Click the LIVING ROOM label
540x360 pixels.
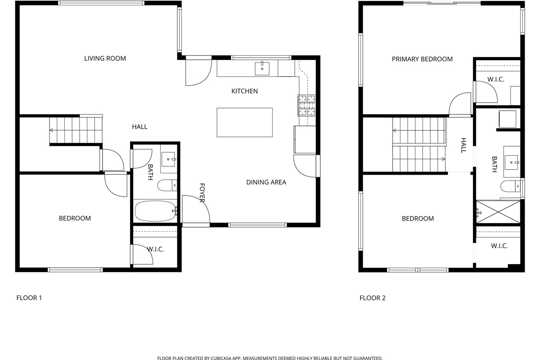pyautogui.click(x=105, y=58)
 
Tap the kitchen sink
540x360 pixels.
pyautogui.click(x=262, y=68)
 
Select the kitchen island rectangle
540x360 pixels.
pyautogui.click(x=244, y=122)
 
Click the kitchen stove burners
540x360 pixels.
pyautogui.click(x=306, y=105)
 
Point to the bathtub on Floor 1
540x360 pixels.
pyautogui.click(x=155, y=211)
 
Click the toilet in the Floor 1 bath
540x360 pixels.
pyautogui.click(x=167, y=185)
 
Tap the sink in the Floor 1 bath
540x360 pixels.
pyautogui.click(x=168, y=159)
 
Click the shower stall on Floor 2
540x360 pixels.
pyautogui.click(x=498, y=212)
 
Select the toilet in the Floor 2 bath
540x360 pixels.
pyautogui.click(x=510, y=186)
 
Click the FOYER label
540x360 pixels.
pyautogui.click(x=202, y=193)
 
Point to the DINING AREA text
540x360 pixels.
pyautogui.click(x=266, y=182)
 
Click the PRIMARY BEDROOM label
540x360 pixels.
pyautogui.click(x=422, y=59)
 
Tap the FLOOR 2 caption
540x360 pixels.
pyautogui.click(x=373, y=298)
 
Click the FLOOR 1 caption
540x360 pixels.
pyautogui.click(x=29, y=298)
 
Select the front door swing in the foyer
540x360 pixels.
pyautogui.click(x=196, y=209)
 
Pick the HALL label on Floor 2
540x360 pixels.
pyautogui.click(x=463, y=145)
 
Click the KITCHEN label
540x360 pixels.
pyautogui.click(x=244, y=91)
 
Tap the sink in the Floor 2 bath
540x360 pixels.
pyautogui.click(x=511, y=162)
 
